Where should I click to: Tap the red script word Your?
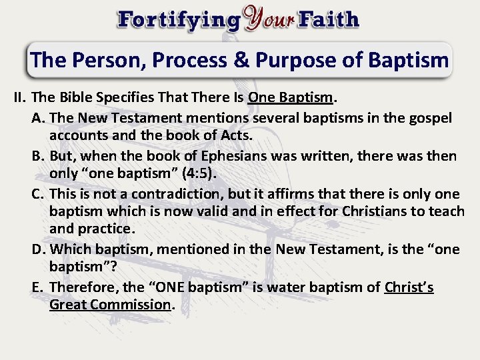[x=271, y=18]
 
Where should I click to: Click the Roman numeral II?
[x=19, y=98]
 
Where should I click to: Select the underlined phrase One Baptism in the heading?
[x=290, y=98]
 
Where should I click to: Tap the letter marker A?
[x=38, y=118]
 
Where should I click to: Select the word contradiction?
[x=170, y=194]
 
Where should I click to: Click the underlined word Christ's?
[x=409, y=287]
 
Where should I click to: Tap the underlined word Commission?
[x=132, y=305]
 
